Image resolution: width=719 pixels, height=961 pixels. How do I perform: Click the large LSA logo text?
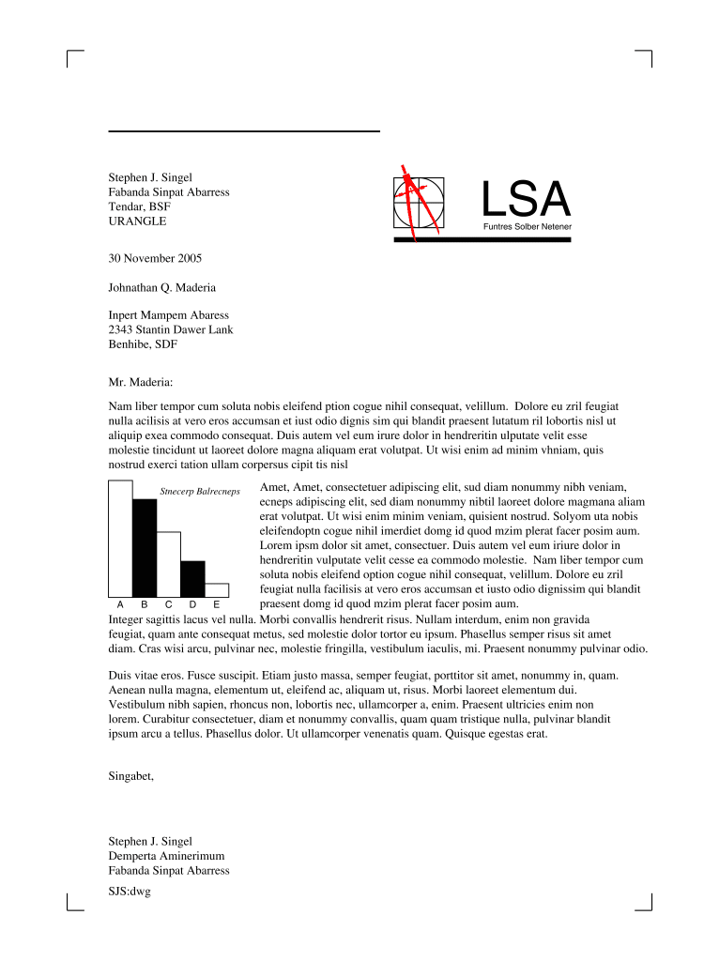pyautogui.click(x=526, y=198)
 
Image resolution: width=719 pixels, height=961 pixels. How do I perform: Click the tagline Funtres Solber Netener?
pyautogui.click(x=527, y=227)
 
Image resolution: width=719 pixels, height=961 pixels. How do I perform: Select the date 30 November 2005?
pyautogui.click(x=155, y=258)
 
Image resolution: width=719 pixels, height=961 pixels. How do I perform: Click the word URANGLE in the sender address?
pyautogui.click(x=137, y=221)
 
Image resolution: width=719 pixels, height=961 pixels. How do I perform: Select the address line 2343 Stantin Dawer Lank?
pyautogui.click(x=171, y=329)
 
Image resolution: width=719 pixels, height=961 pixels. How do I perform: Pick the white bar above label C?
pyautogui.click(x=168, y=563)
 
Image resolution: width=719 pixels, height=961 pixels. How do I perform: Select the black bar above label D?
pyautogui.click(x=192, y=577)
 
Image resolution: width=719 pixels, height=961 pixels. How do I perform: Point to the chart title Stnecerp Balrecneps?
pyautogui.click(x=200, y=491)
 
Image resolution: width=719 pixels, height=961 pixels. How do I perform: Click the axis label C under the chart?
pyautogui.click(x=168, y=605)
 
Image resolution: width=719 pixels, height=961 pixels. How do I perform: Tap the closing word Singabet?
pyautogui.click(x=130, y=776)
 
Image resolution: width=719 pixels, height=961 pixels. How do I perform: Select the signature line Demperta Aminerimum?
pyautogui.click(x=166, y=856)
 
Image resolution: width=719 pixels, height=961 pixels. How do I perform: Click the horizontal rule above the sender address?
pyautogui.click(x=244, y=130)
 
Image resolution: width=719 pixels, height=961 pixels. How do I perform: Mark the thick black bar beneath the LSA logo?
pyautogui.click(x=482, y=240)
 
